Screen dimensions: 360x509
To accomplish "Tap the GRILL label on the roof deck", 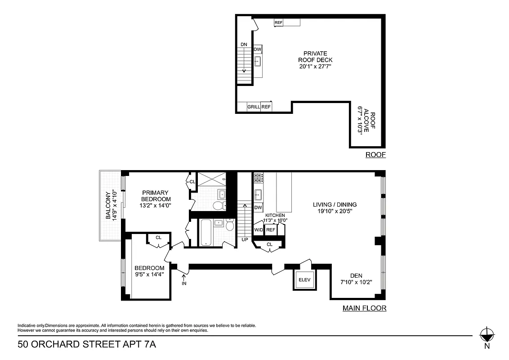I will (x=254, y=107).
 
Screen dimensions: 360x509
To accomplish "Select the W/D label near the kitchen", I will (x=259, y=230).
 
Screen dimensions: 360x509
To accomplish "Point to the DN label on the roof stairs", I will (x=244, y=44).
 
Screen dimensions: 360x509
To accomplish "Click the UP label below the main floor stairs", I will (x=245, y=239).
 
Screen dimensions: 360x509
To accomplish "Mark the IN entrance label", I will (x=184, y=283).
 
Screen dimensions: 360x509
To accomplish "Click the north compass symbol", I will (x=487, y=335).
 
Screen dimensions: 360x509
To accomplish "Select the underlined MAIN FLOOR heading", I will (x=364, y=308).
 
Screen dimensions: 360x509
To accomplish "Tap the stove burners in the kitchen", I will (x=258, y=178).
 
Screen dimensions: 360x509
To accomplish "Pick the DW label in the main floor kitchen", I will (x=258, y=207).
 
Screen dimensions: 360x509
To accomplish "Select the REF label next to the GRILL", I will (x=266, y=107).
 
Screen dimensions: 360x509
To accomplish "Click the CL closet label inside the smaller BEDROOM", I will (x=158, y=238).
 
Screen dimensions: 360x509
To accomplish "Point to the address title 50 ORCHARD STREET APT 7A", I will (x=87, y=345).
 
